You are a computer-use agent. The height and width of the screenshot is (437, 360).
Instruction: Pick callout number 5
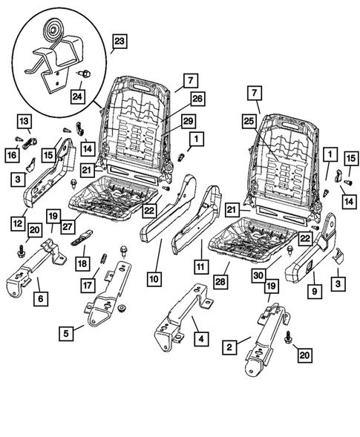[68, 333]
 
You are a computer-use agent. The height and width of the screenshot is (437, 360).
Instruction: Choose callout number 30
[258, 275]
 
